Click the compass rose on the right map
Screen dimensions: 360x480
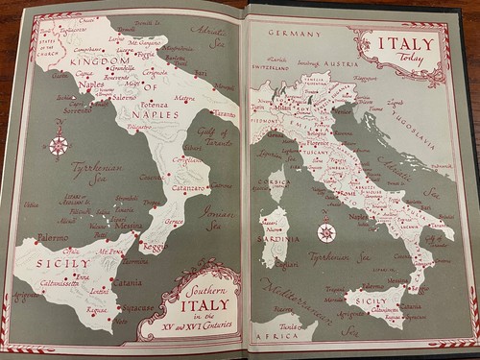tap(325, 231)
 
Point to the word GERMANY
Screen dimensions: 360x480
tap(294, 33)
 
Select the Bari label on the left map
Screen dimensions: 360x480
tap(201, 73)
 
